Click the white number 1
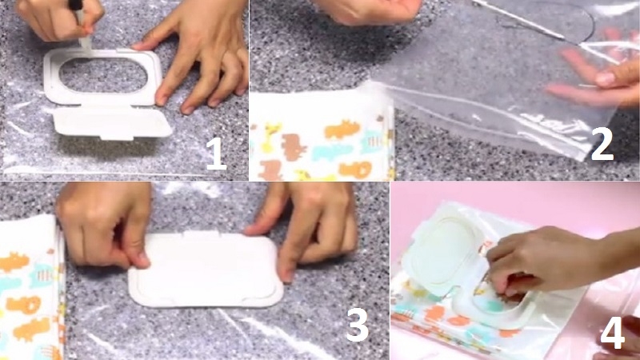pos(215,153)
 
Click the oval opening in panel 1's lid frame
pos(102,75)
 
